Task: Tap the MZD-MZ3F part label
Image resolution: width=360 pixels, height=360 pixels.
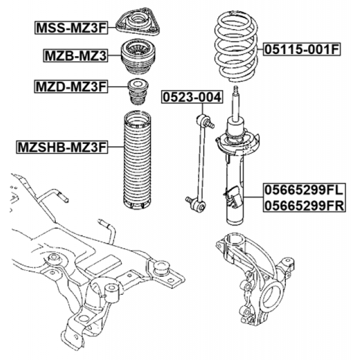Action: click(70, 87)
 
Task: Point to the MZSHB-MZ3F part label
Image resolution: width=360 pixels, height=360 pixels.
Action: click(61, 147)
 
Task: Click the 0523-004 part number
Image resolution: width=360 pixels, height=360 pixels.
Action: click(191, 97)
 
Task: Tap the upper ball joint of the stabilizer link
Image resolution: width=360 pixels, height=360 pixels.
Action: click(204, 120)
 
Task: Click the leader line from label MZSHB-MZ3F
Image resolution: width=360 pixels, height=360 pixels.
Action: click(114, 147)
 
